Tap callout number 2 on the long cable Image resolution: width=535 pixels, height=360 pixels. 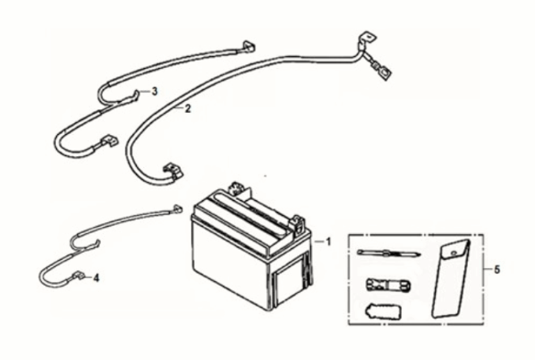pyautogui.click(x=187, y=109)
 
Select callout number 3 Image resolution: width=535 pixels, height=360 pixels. pyautogui.click(x=154, y=91)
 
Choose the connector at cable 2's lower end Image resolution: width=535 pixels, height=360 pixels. pyautogui.click(x=170, y=170)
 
